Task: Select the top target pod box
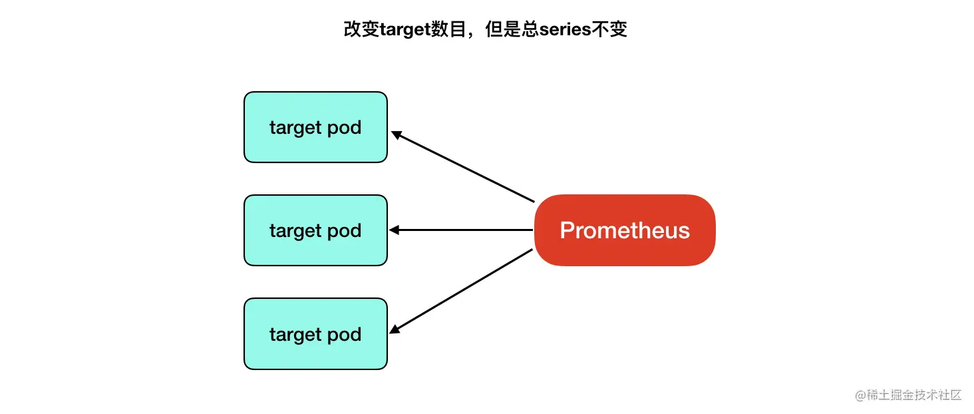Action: (x=315, y=127)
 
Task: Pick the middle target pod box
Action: (x=315, y=230)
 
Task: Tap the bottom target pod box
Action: (x=315, y=333)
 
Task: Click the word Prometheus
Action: (x=624, y=230)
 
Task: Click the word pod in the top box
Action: (x=345, y=127)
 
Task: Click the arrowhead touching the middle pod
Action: (x=393, y=230)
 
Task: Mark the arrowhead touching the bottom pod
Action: (x=395, y=329)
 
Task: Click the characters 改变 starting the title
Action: (x=361, y=30)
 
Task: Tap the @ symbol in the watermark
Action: (x=860, y=395)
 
